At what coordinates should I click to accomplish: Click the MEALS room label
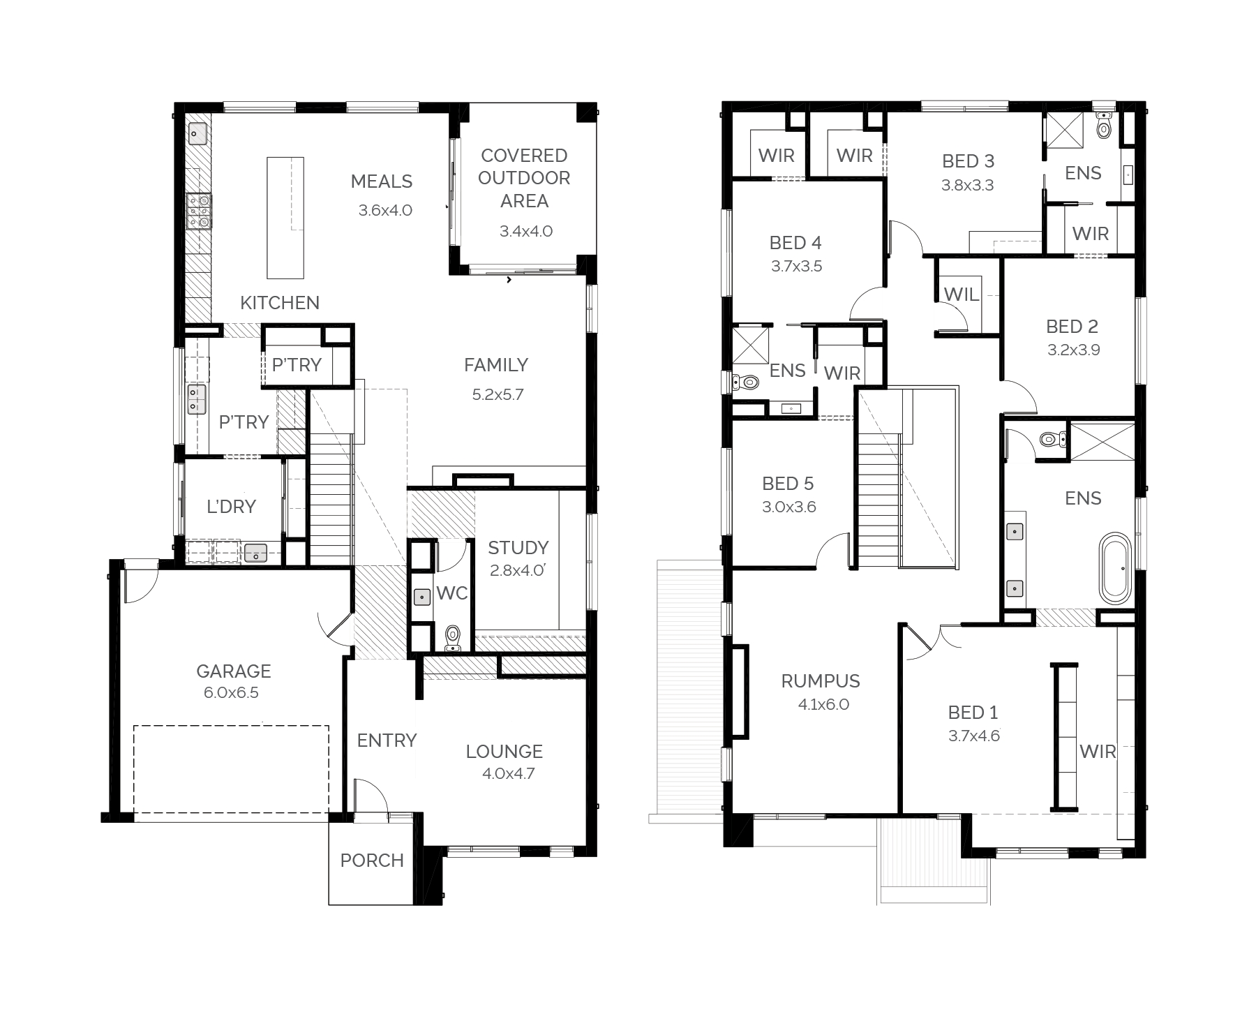point(381,181)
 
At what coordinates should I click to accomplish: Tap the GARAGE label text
point(233,671)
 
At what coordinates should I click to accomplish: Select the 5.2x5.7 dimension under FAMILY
point(498,394)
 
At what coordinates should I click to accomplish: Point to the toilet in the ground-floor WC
point(453,638)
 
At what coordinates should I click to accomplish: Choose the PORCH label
point(372,861)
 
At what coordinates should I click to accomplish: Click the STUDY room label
point(518,548)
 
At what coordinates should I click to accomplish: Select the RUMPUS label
point(821,681)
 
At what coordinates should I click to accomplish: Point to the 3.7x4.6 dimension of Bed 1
point(974,736)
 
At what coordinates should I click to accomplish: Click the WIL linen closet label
point(961,295)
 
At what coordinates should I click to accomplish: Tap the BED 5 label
point(788,484)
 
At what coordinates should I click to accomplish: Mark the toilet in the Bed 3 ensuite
point(1103,126)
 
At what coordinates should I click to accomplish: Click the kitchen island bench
point(285,218)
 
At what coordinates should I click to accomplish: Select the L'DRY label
point(231,507)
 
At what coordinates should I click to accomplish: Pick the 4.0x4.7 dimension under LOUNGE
point(508,773)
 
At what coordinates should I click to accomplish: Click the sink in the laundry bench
point(256,553)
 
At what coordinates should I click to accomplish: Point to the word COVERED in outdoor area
point(524,156)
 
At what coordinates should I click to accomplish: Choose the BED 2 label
point(1072,327)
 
